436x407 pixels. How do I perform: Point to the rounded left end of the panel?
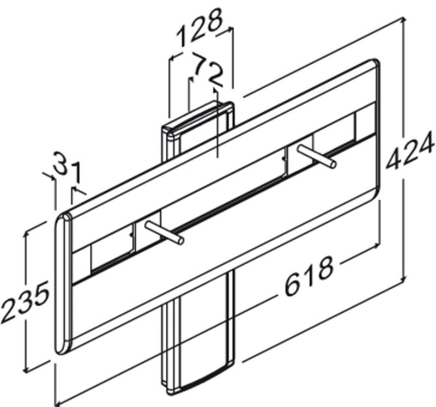pos(63,283)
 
